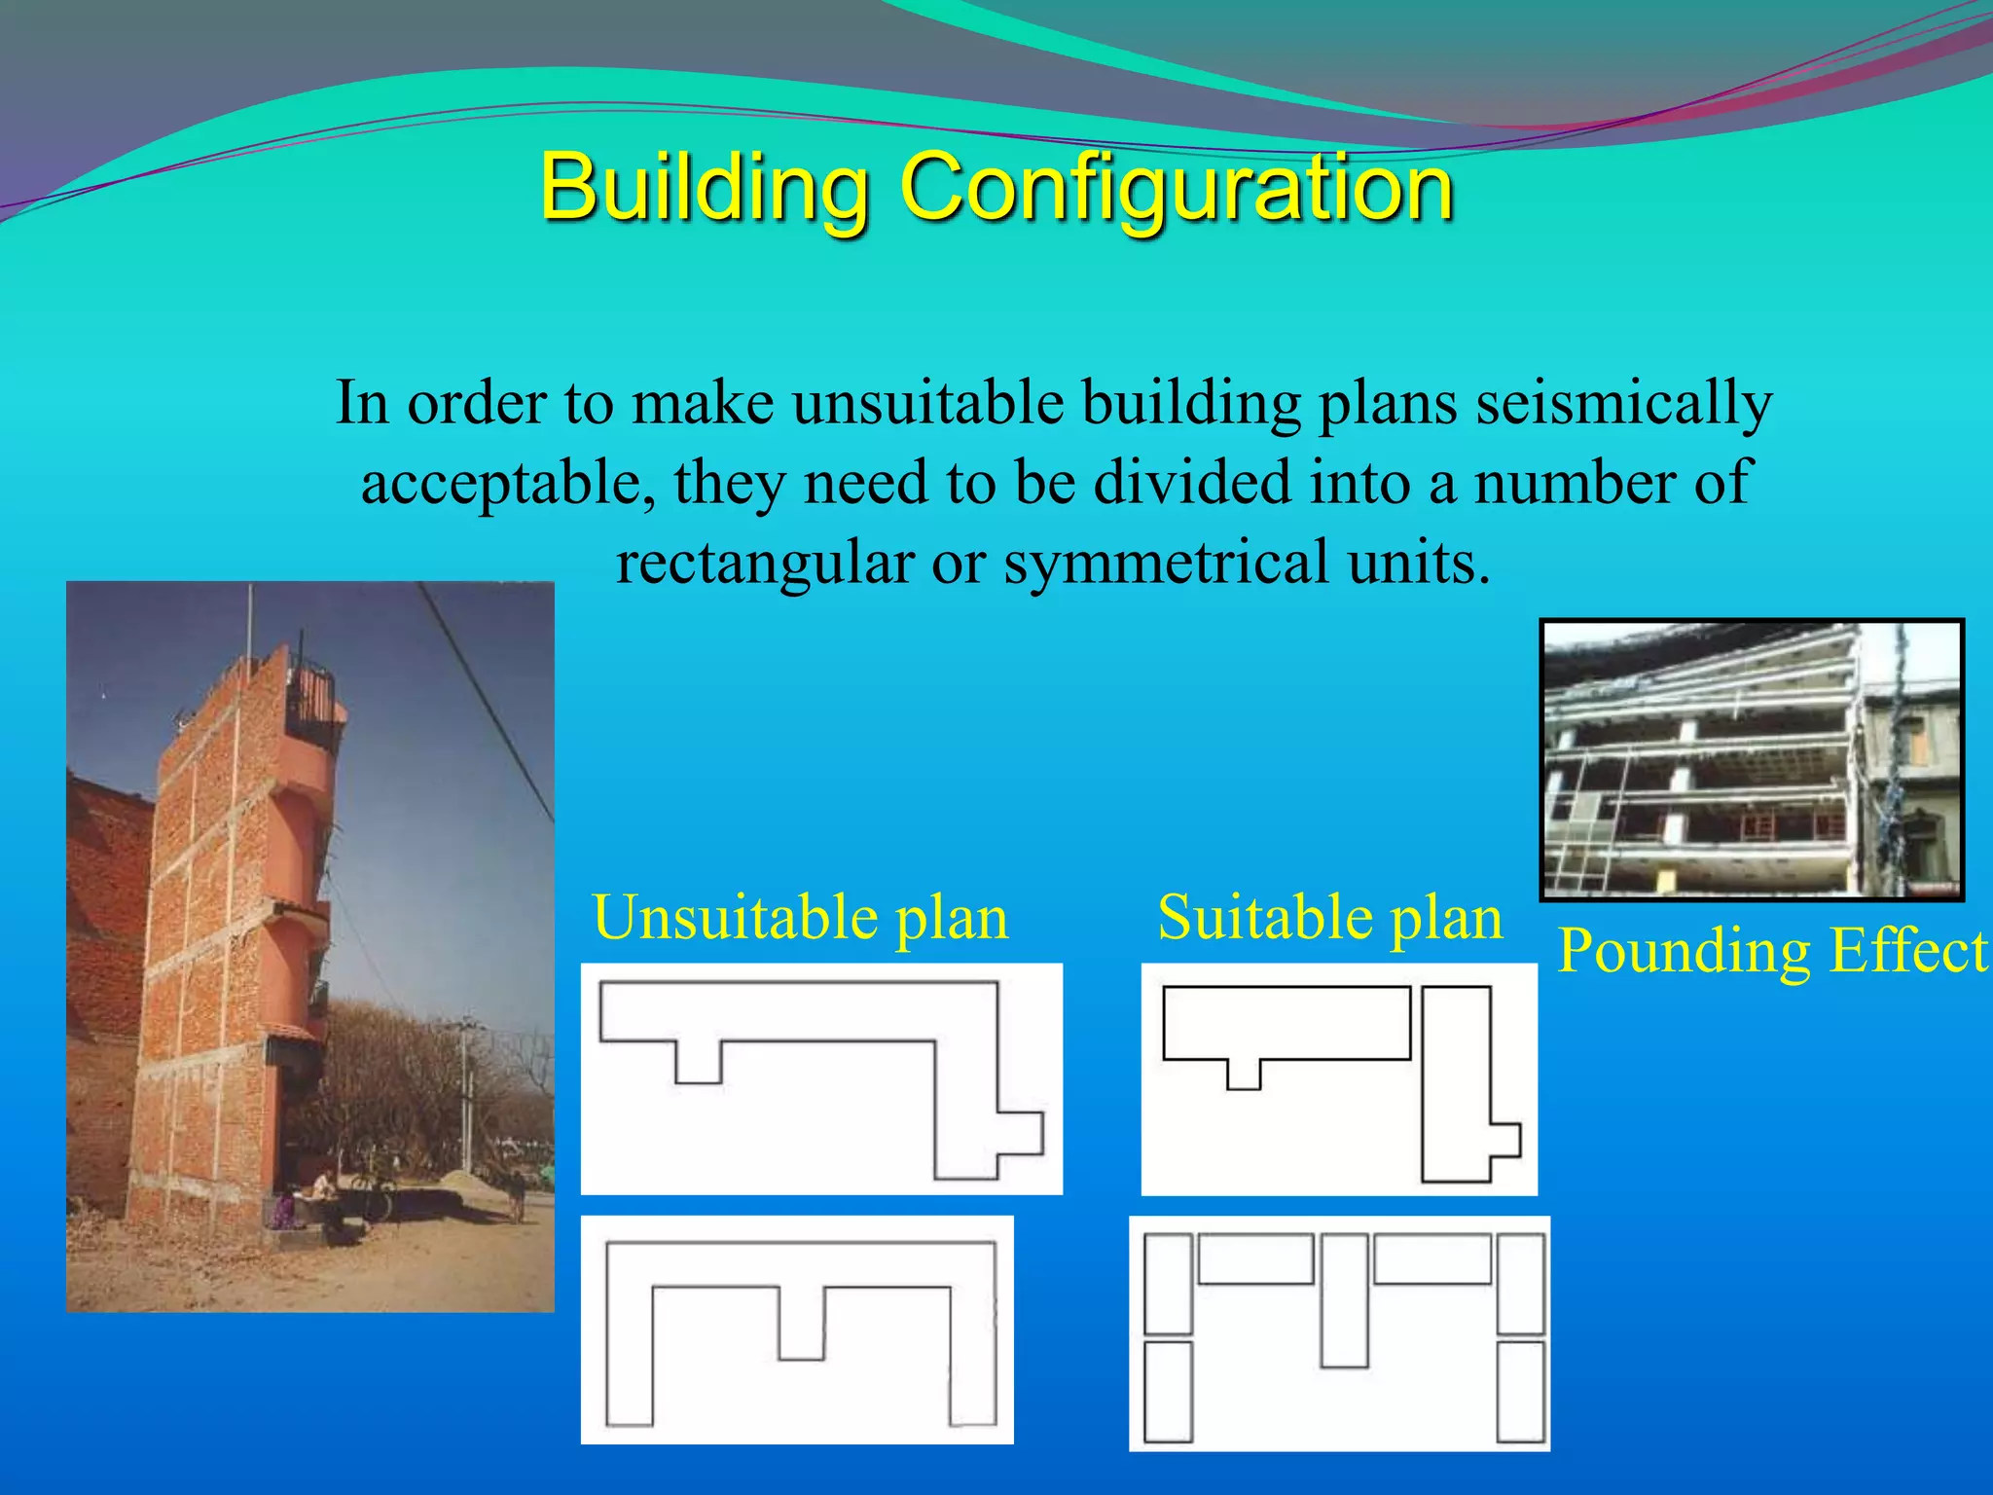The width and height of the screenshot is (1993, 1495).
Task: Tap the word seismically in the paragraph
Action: click(x=1623, y=402)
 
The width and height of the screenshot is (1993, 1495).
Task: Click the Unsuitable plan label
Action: click(x=800, y=917)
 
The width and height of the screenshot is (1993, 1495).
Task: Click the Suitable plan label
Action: click(x=1329, y=917)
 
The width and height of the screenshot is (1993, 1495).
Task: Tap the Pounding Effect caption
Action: click(x=1771, y=950)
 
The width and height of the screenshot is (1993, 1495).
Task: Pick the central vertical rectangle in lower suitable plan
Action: click(x=1345, y=1300)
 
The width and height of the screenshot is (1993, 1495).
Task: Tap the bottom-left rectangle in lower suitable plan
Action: click(x=1168, y=1392)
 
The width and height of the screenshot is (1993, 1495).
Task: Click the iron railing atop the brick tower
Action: click(x=309, y=692)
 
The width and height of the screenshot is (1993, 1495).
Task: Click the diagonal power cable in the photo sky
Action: click(x=487, y=701)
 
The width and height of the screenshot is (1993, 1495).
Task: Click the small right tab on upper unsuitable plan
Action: click(x=1021, y=1133)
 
